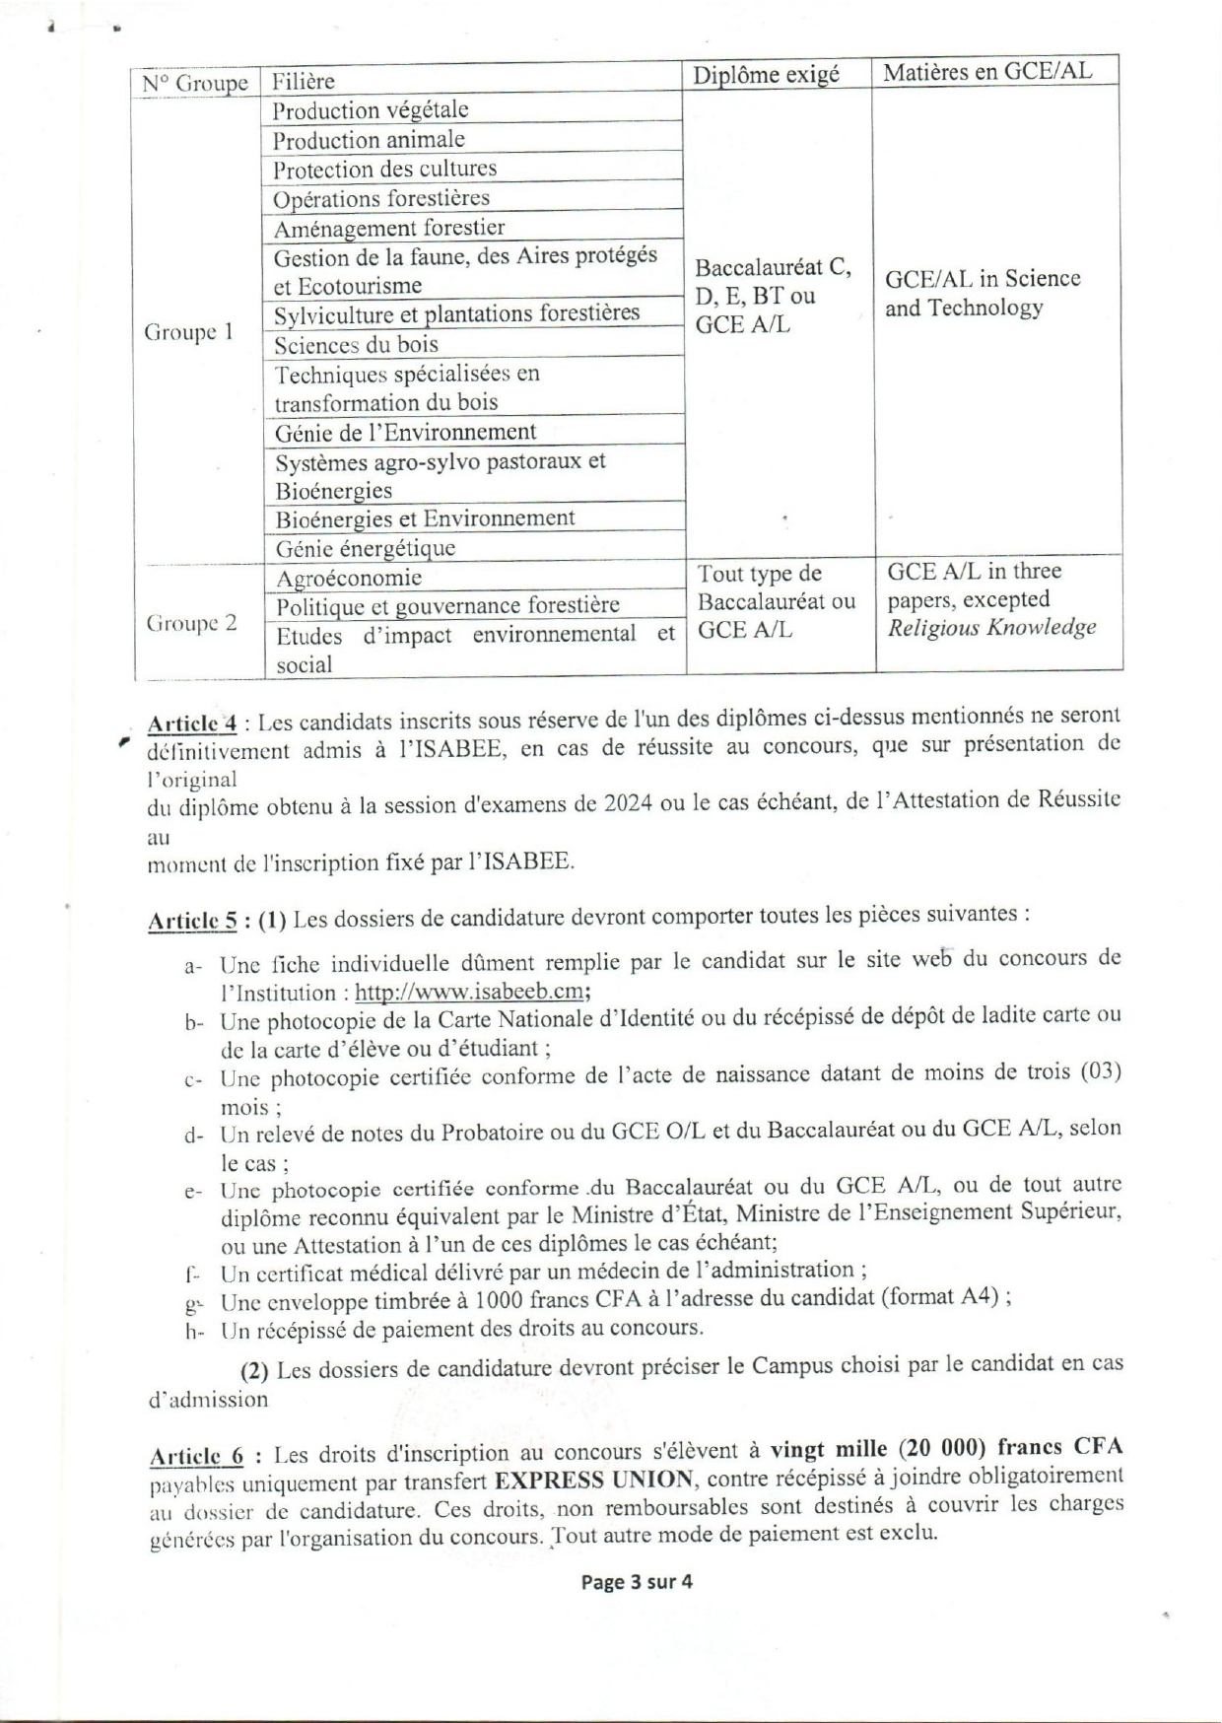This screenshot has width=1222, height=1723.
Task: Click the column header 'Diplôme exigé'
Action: [x=766, y=75]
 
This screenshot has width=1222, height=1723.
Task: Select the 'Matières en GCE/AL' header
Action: [x=987, y=72]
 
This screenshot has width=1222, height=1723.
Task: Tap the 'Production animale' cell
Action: [x=369, y=140]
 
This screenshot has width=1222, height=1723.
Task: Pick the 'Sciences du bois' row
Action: [x=356, y=345]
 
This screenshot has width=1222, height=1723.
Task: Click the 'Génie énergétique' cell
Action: [x=365, y=548]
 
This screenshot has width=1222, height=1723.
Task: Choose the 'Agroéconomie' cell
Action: [x=349, y=579]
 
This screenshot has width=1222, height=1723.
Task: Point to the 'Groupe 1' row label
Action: [x=188, y=332]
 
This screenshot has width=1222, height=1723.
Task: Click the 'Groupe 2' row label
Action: [x=191, y=623]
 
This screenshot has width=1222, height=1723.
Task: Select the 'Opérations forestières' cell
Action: [x=380, y=198]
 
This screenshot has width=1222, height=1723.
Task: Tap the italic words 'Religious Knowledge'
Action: [x=991, y=628]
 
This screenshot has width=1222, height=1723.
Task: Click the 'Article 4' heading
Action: [x=191, y=724]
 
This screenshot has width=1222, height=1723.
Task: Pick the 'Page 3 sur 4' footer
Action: [x=637, y=1583]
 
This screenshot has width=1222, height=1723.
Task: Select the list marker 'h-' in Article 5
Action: [x=193, y=1332]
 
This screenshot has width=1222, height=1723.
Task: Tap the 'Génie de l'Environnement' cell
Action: [x=405, y=432]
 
